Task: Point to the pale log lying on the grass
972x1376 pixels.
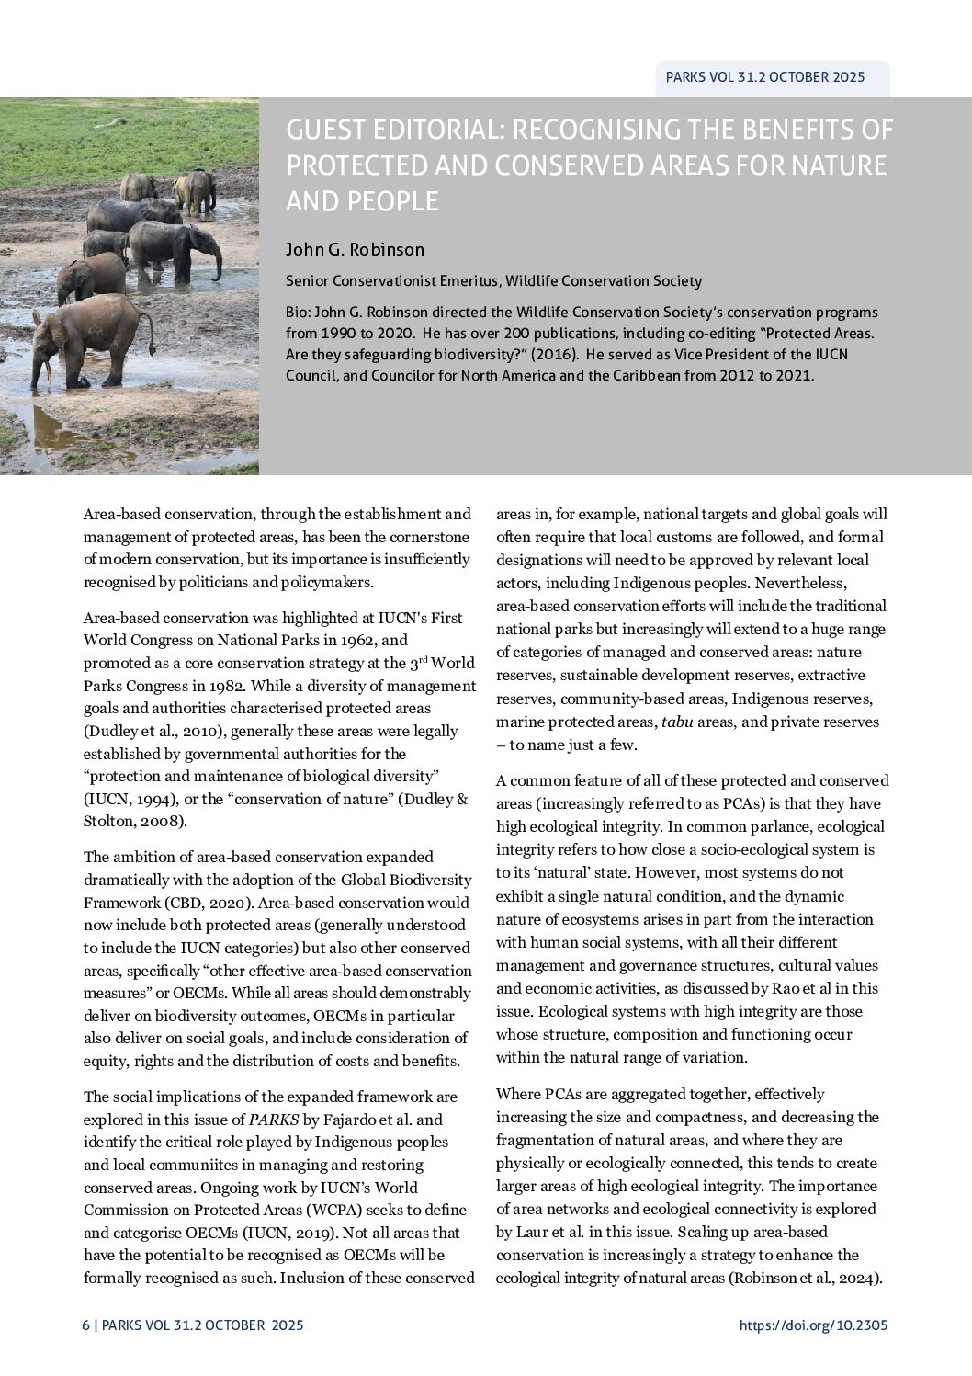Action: click(111, 121)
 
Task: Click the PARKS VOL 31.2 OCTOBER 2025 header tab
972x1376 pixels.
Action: click(765, 77)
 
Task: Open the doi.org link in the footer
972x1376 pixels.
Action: click(813, 1325)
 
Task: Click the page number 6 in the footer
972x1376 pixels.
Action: click(85, 1325)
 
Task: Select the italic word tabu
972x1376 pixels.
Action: click(677, 722)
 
